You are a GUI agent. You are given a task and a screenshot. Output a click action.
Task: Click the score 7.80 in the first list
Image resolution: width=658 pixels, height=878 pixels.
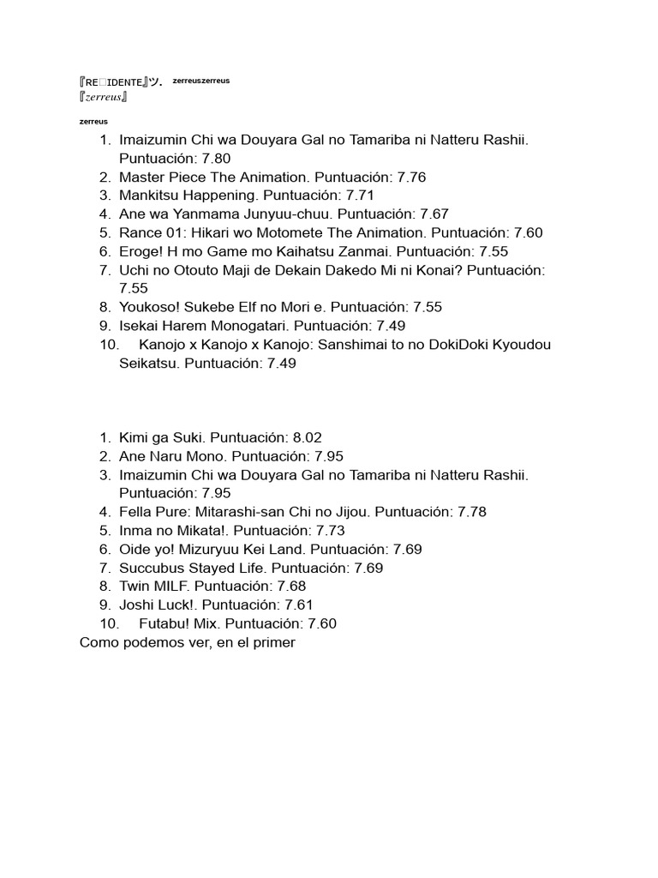click(217, 159)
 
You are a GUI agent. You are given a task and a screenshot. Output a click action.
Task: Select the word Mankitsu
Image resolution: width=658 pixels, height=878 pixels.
click(152, 195)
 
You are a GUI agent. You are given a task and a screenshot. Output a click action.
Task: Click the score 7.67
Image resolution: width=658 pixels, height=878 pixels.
click(434, 214)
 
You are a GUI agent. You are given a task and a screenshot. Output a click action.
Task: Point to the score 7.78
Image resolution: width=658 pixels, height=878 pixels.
click(472, 512)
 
